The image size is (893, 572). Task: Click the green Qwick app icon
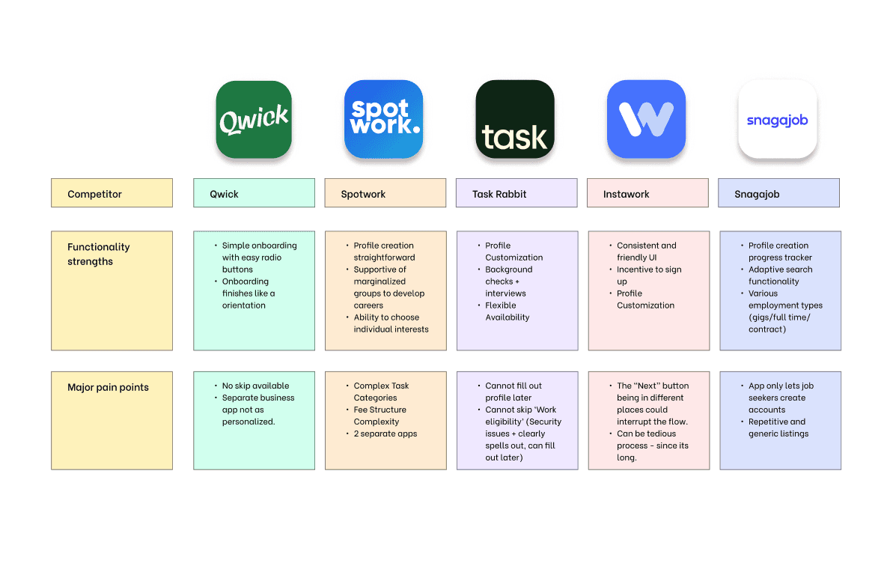pyautogui.click(x=254, y=120)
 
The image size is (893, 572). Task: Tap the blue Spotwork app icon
pyautogui.click(x=383, y=120)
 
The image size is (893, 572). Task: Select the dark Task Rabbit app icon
pyautogui.click(x=515, y=120)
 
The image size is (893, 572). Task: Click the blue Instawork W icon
pyautogui.click(x=646, y=120)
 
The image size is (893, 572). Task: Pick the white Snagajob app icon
pyautogui.click(x=777, y=120)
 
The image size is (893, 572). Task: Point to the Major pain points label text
pyautogui.click(x=108, y=388)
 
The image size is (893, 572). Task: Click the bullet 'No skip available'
pyautogui.click(x=255, y=386)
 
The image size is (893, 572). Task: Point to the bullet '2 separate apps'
pyautogui.click(x=385, y=434)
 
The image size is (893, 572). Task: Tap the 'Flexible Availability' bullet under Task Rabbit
pyautogui.click(x=507, y=311)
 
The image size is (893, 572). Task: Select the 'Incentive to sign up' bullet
pyautogui.click(x=648, y=276)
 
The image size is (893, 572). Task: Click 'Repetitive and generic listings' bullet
pyautogui.click(x=778, y=428)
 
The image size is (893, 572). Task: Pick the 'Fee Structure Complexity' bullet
pyautogui.click(x=380, y=416)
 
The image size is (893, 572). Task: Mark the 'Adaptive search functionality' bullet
pyautogui.click(x=780, y=276)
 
